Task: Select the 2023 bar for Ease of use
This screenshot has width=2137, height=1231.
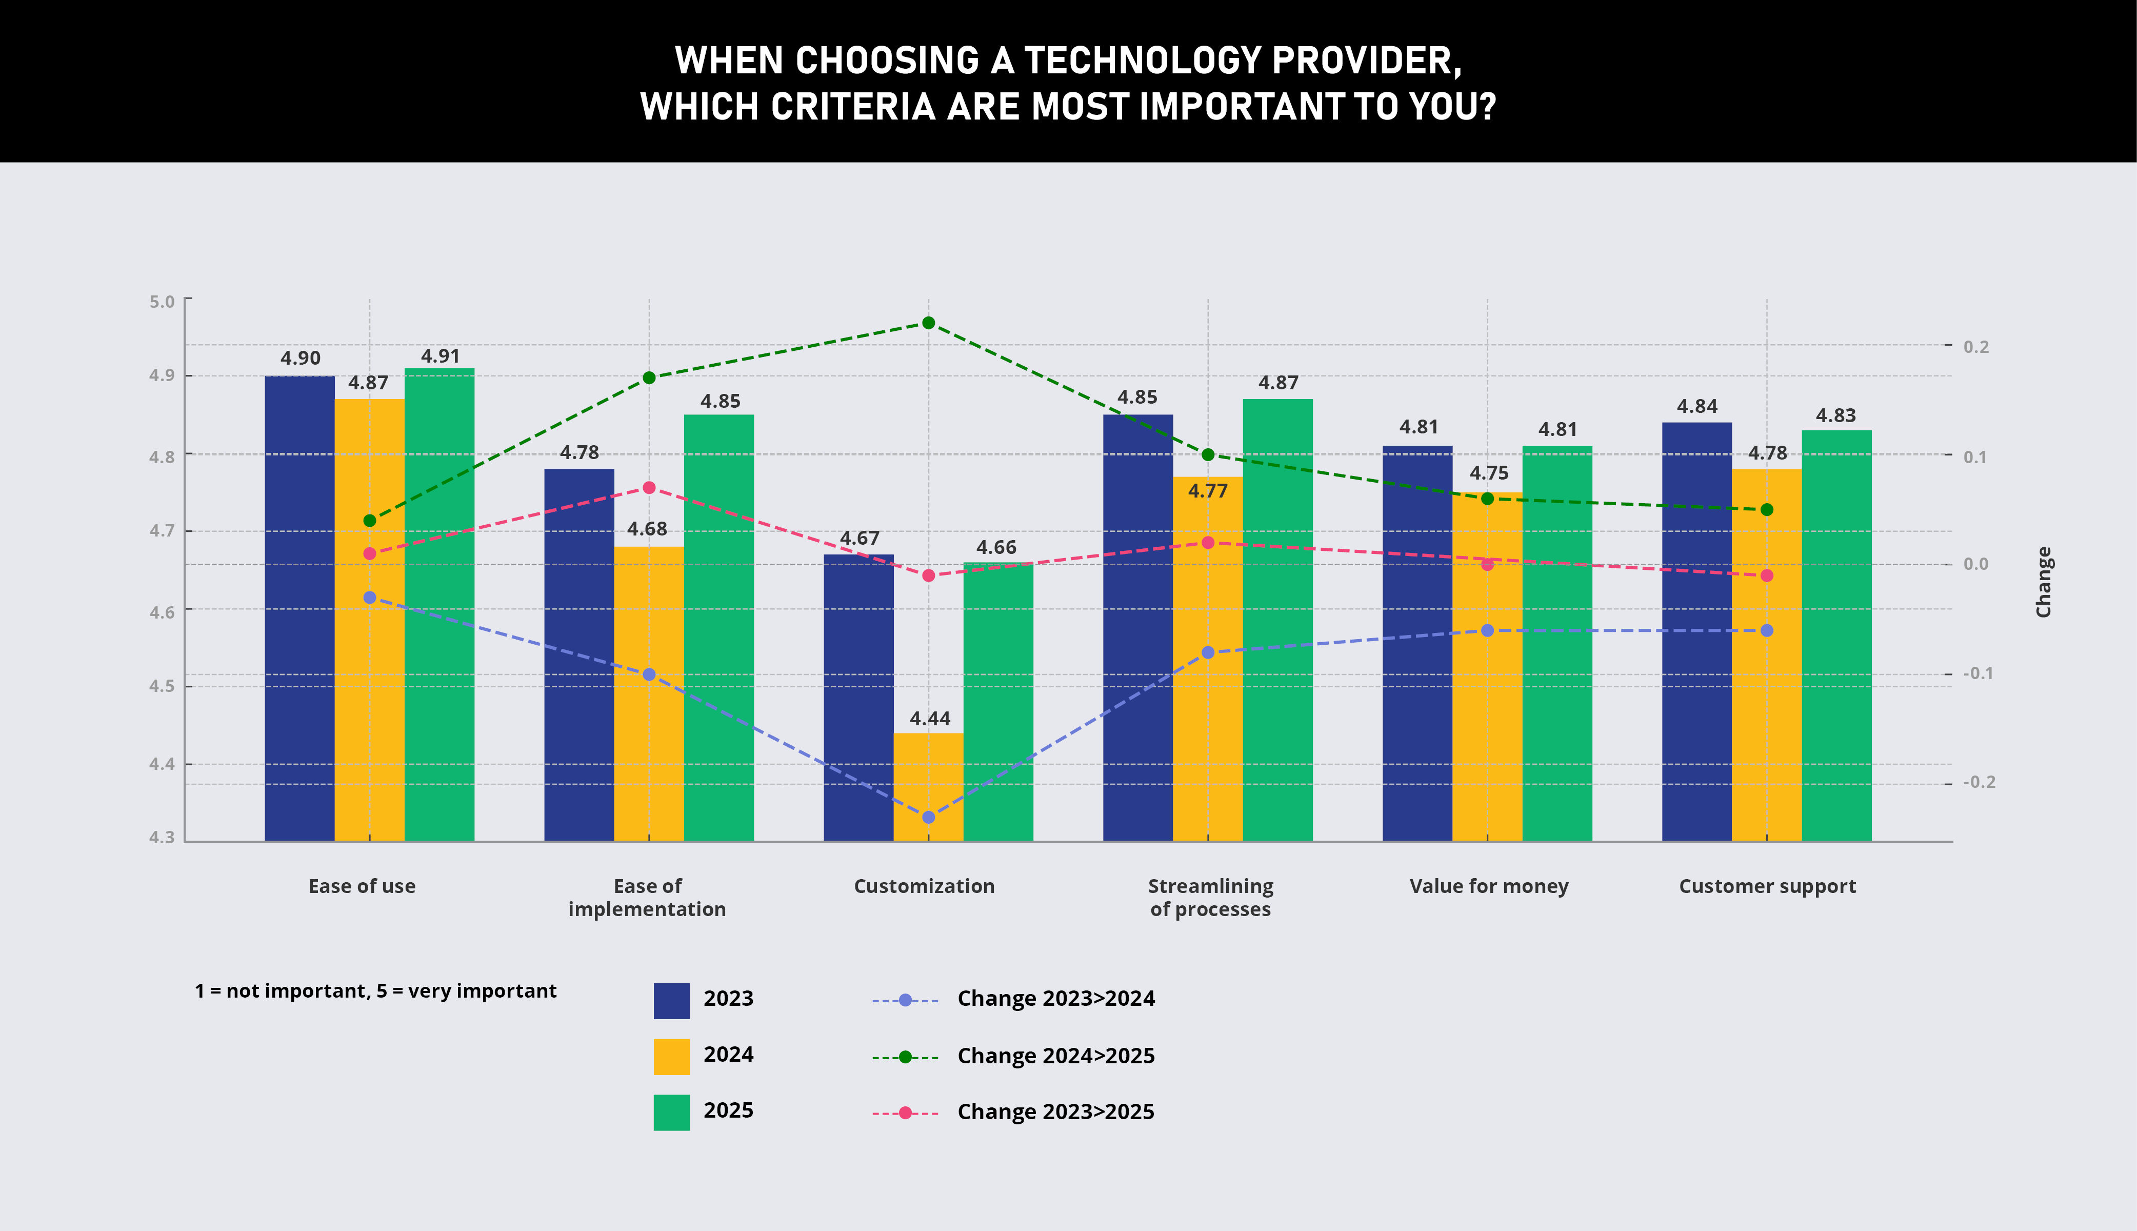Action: click(x=299, y=609)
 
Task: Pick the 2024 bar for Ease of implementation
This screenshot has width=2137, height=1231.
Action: click(x=648, y=693)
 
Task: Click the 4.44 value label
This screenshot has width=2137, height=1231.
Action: click(x=930, y=719)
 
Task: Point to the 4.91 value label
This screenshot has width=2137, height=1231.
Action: click(x=441, y=356)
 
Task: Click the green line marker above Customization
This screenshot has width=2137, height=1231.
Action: click(x=928, y=323)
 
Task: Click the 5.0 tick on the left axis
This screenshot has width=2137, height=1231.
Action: click(x=162, y=302)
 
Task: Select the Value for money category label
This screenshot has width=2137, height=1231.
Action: click(x=1489, y=886)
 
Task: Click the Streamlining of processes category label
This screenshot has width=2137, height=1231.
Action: click(x=1210, y=897)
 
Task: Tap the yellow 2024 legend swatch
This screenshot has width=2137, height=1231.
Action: click(x=671, y=1056)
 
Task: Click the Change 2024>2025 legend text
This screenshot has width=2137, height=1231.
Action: click(x=1056, y=1056)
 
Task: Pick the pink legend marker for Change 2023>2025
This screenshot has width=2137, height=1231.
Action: click(x=905, y=1113)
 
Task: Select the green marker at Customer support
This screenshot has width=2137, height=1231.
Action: click(x=1767, y=510)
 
